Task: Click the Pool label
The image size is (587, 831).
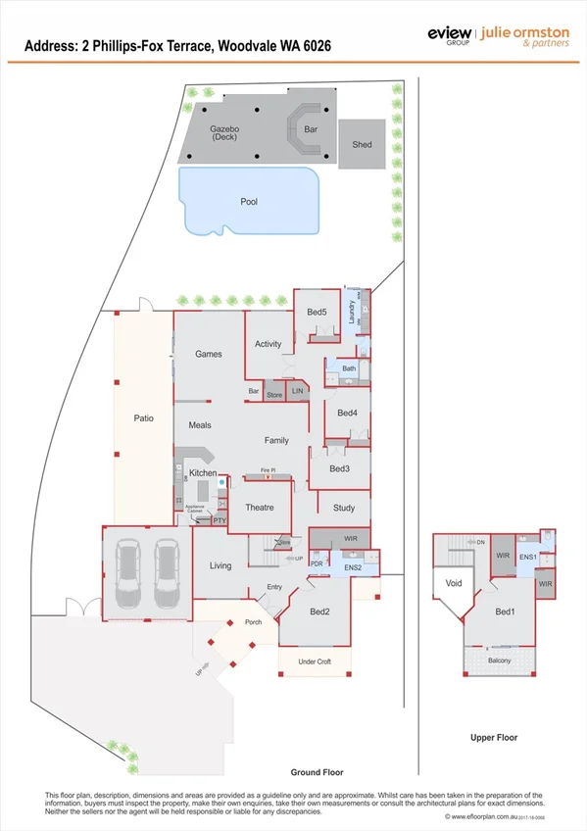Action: point(249,202)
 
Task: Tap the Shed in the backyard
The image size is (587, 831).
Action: point(362,145)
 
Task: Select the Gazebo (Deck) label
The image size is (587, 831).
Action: point(224,133)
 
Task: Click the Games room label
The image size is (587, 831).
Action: point(209,354)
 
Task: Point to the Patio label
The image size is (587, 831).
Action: point(143,418)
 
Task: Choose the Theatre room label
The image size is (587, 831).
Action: point(259,507)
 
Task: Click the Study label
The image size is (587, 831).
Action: point(343,508)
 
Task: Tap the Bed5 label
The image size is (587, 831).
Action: point(316,312)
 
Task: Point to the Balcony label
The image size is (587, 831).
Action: point(500,660)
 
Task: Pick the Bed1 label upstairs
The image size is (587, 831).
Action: point(505,612)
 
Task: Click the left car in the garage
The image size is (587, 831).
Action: point(131,574)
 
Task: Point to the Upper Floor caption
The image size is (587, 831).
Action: point(493,737)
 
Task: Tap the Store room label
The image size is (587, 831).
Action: point(274,395)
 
